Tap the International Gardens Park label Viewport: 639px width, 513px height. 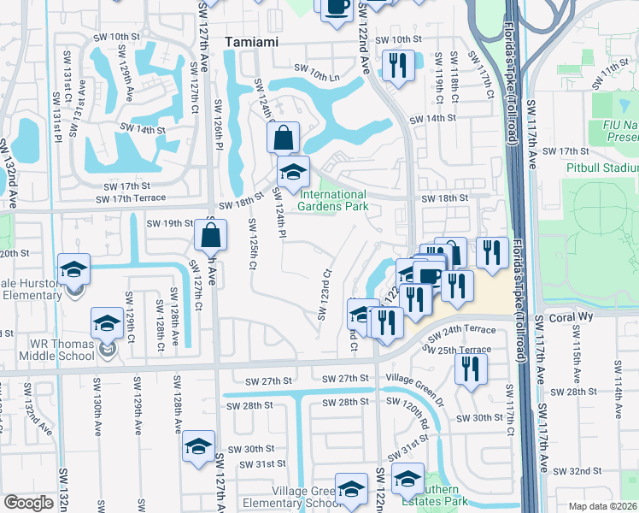(333, 200)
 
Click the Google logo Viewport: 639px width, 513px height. (28, 503)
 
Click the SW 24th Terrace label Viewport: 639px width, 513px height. (462, 331)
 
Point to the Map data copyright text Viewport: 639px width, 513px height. (603, 505)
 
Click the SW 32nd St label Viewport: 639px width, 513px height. (577, 471)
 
